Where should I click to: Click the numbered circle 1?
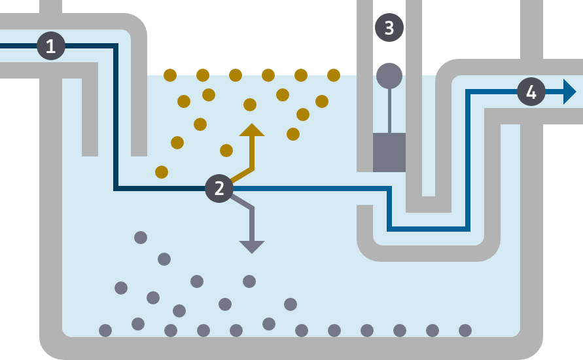click(51, 46)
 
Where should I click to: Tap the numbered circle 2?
click(219, 189)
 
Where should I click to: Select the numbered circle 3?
click(389, 27)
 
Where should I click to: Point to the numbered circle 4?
click(531, 92)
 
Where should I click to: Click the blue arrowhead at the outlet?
click(569, 92)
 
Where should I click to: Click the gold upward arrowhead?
click(252, 130)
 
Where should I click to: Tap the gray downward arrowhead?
click(252, 247)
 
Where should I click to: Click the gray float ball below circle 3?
click(389, 76)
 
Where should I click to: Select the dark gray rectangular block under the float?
click(389, 153)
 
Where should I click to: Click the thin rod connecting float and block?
click(389, 111)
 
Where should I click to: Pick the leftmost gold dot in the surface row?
click(170, 75)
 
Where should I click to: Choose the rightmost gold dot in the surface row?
click(334, 75)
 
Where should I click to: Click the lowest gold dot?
click(162, 172)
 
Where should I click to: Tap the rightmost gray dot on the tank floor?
click(465, 331)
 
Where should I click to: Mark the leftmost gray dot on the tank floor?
click(105, 331)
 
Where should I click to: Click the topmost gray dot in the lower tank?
click(141, 237)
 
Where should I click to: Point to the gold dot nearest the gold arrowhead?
click(250, 105)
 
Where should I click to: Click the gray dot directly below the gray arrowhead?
click(249, 281)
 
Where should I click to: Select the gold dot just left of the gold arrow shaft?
click(226, 151)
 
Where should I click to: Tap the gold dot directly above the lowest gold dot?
click(177, 143)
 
